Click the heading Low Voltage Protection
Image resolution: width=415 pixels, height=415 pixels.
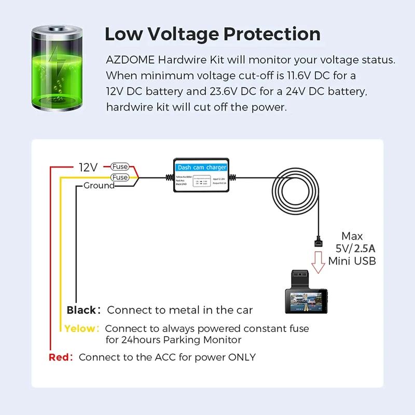[x=212, y=34]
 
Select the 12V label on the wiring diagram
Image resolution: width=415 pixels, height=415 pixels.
[x=88, y=167]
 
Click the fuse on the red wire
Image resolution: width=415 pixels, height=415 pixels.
[x=120, y=167]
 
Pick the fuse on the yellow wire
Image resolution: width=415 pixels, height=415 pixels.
[x=120, y=177]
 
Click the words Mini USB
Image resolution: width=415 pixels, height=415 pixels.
[x=352, y=260]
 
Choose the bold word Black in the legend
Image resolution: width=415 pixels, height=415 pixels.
[x=81, y=310]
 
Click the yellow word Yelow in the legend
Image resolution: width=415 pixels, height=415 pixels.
[x=81, y=328]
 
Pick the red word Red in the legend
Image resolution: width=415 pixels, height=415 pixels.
[x=59, y=357]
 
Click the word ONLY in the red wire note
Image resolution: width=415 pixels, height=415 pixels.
[x=241, y=357]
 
